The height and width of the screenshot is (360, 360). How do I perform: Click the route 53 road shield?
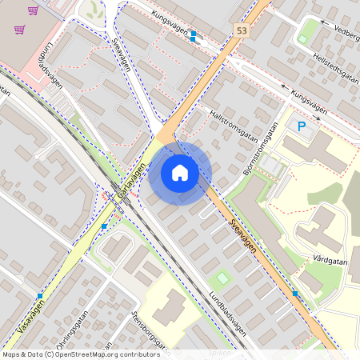click(x=242, y=30)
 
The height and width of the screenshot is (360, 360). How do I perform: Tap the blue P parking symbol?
click(x=302, y=126)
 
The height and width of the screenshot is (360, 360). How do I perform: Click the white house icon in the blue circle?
click(x=180, y=172)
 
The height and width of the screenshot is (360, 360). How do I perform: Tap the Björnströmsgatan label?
click(x=255, y=156)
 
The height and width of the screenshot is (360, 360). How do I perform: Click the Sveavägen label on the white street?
click(x=121, y=53)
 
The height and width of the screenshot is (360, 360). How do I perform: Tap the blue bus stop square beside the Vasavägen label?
click(x=40, y=296)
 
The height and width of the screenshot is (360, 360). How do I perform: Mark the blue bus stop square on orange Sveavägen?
click(x=295, y=294)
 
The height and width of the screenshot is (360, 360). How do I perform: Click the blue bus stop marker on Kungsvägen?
click(x=193, y=35)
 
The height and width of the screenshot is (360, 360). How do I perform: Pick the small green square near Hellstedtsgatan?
click(x=302, y=38)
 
